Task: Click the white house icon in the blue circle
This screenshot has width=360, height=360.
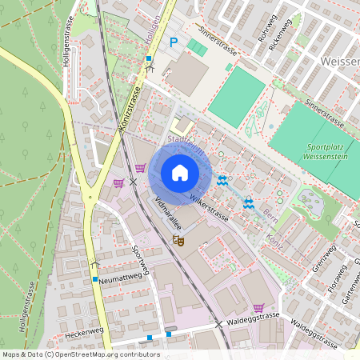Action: pyautogui.click(x=180, y=173)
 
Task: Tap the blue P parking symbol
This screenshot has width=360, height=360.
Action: pyautogui.click(x=173, y=42)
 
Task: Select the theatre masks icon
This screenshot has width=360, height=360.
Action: pyautogui.click(x=178, y=239)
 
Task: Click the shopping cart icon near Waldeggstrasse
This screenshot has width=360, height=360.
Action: pyautogui.click(x=258, y=307)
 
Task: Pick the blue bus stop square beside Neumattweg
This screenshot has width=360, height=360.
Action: pyautogui.click(x=94, y=279)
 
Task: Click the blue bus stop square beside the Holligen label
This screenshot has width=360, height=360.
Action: pyautogui.click(x=148, y=58)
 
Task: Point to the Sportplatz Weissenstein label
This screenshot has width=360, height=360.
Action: pyautogui.click(x=330, y=151)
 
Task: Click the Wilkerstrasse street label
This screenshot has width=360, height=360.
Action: pyautogui.click(x=209, y=206)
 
